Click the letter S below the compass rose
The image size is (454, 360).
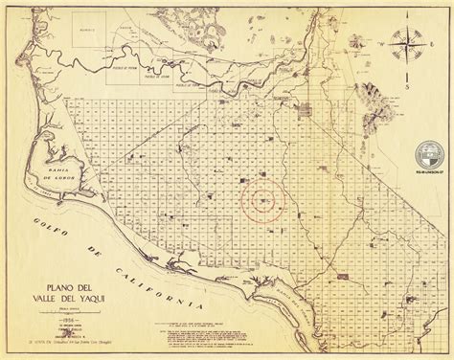pyautogui.click(x=406, y=87)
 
